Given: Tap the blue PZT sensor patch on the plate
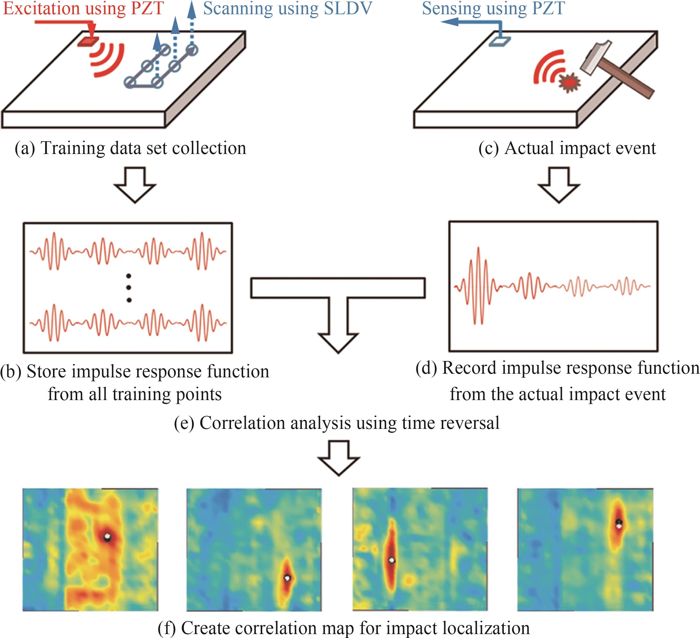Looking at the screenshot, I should (x=500, y=41).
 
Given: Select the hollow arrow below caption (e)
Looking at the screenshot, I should (x=338, y=458).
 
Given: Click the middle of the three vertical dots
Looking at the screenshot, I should (x=129, y=287).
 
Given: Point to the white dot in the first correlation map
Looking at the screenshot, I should (x=107, y=537).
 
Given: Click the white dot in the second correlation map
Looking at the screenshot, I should (x=287, y=578).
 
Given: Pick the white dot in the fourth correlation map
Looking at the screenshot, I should (x=618, y=526).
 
